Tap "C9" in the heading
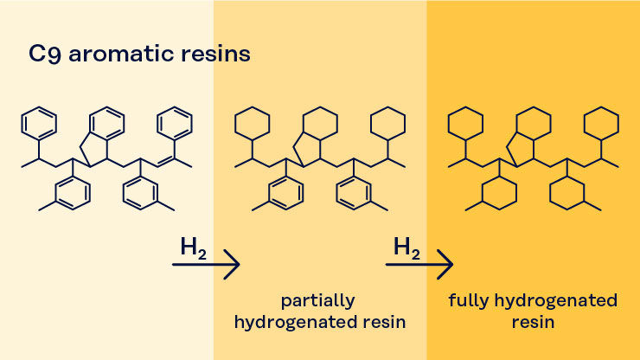click(45, 55)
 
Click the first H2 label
click(193, 247)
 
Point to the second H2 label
click(406, 247)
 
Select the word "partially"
click(318, 301)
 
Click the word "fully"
click(469, 301)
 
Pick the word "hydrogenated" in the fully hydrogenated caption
click(556, 301)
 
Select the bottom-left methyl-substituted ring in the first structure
click(73, 192)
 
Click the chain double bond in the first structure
click(166, 161)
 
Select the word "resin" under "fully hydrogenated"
click(533, 323)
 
